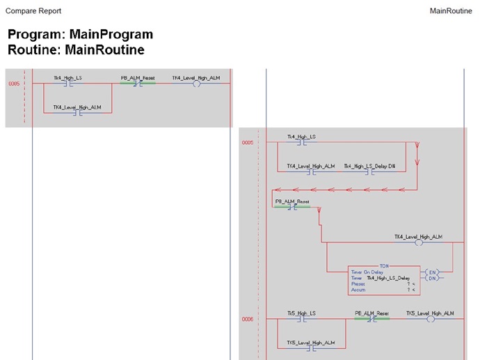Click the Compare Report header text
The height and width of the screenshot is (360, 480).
click(33, 11)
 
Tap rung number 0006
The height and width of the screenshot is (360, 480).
click(248, 320)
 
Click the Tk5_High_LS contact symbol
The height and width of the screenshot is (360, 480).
click(302, 320)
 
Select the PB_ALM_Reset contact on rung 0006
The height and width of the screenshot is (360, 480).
click(372, 320)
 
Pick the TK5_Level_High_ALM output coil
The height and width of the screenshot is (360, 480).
click(430, 320)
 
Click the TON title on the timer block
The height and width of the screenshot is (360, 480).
click(384, 267)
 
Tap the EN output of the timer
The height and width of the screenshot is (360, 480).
click(432, 271)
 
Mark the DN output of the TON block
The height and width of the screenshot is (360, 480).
click(432, 278)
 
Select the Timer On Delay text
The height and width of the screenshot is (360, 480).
click(367, 272)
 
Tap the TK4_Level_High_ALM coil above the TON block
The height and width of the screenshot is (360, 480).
click(419, 243)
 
